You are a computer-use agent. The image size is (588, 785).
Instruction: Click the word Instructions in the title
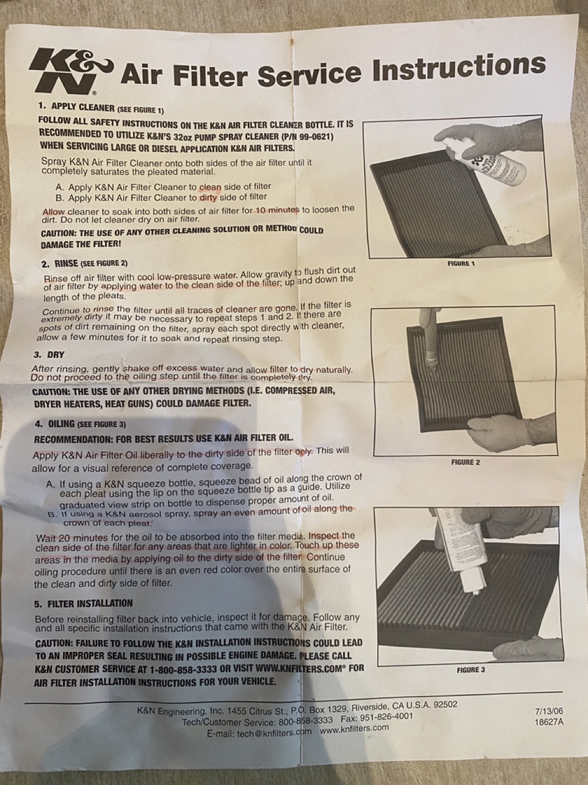[x=459, y=68]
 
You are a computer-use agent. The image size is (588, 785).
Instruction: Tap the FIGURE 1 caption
[x=461, y=263]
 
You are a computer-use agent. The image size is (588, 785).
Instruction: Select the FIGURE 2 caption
[x=465, y=462]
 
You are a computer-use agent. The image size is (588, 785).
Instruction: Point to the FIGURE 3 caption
[x=471, y=669]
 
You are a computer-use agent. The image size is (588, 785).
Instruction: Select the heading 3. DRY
[x=49, y=355]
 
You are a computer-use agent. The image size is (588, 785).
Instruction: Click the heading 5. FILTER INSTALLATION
[x=83, y=603]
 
